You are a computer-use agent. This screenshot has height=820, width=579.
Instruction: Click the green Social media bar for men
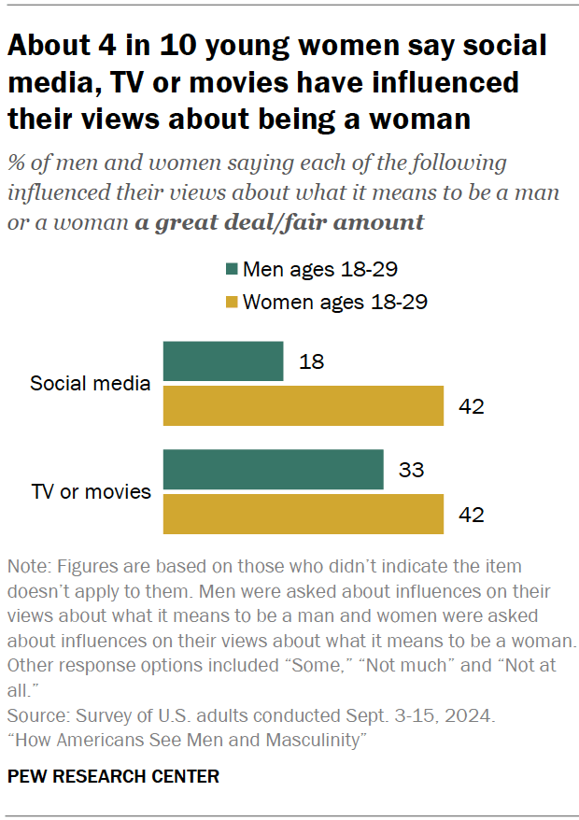[x=223, y=361]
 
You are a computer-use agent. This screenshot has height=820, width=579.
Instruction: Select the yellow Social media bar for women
[x=304, y=405]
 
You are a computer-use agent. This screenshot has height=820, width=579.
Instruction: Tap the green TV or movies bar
[x=274, y=469]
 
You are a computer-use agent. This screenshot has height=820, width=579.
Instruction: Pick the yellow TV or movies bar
[x=304, y=513]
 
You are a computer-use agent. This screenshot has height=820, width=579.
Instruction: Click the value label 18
[x=312, y=361]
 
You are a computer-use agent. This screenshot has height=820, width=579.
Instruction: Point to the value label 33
[x=412, y=469]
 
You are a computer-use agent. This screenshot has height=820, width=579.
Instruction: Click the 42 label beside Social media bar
[x=472, y=405]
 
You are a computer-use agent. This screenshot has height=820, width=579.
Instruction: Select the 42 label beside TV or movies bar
[x=472, y=513]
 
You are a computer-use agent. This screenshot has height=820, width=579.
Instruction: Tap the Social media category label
[x=91, y=383]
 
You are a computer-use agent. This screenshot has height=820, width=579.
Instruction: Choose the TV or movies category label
[x=92, y=491]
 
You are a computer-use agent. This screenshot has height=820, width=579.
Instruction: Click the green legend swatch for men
[x=231, y=270]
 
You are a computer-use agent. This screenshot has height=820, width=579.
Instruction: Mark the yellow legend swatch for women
[x=231, y=302]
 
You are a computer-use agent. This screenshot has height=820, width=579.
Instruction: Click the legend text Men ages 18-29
[x=320, y=270]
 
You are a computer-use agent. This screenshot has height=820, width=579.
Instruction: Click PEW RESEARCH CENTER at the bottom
[x=114, y=776]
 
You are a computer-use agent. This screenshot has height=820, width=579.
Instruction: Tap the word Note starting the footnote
[x=27, y=566]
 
